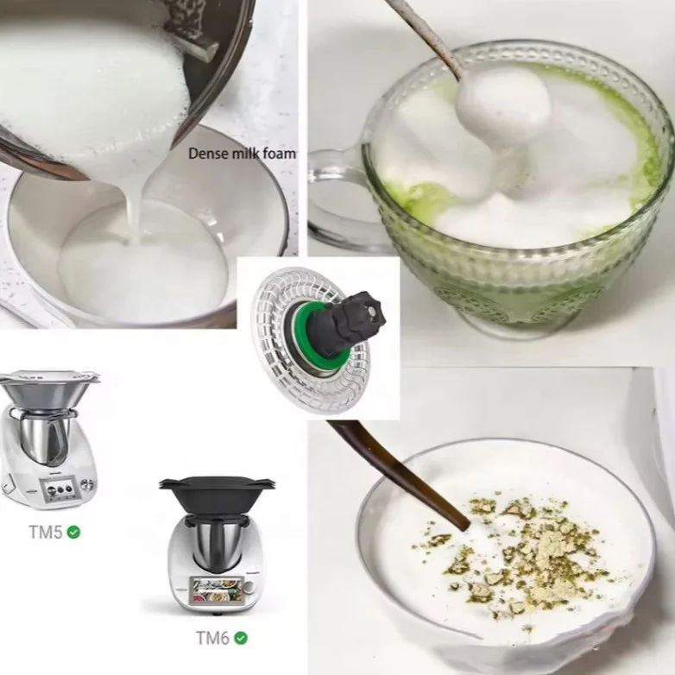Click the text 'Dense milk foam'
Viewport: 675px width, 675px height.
242,154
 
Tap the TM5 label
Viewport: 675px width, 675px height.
45,532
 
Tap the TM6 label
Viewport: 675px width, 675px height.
211,638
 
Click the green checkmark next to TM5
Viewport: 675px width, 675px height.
74,532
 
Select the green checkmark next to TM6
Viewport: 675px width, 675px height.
241,638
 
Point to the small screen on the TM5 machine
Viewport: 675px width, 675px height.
57,489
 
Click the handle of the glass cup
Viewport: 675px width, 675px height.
332,199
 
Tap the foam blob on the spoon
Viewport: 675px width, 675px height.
503,105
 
